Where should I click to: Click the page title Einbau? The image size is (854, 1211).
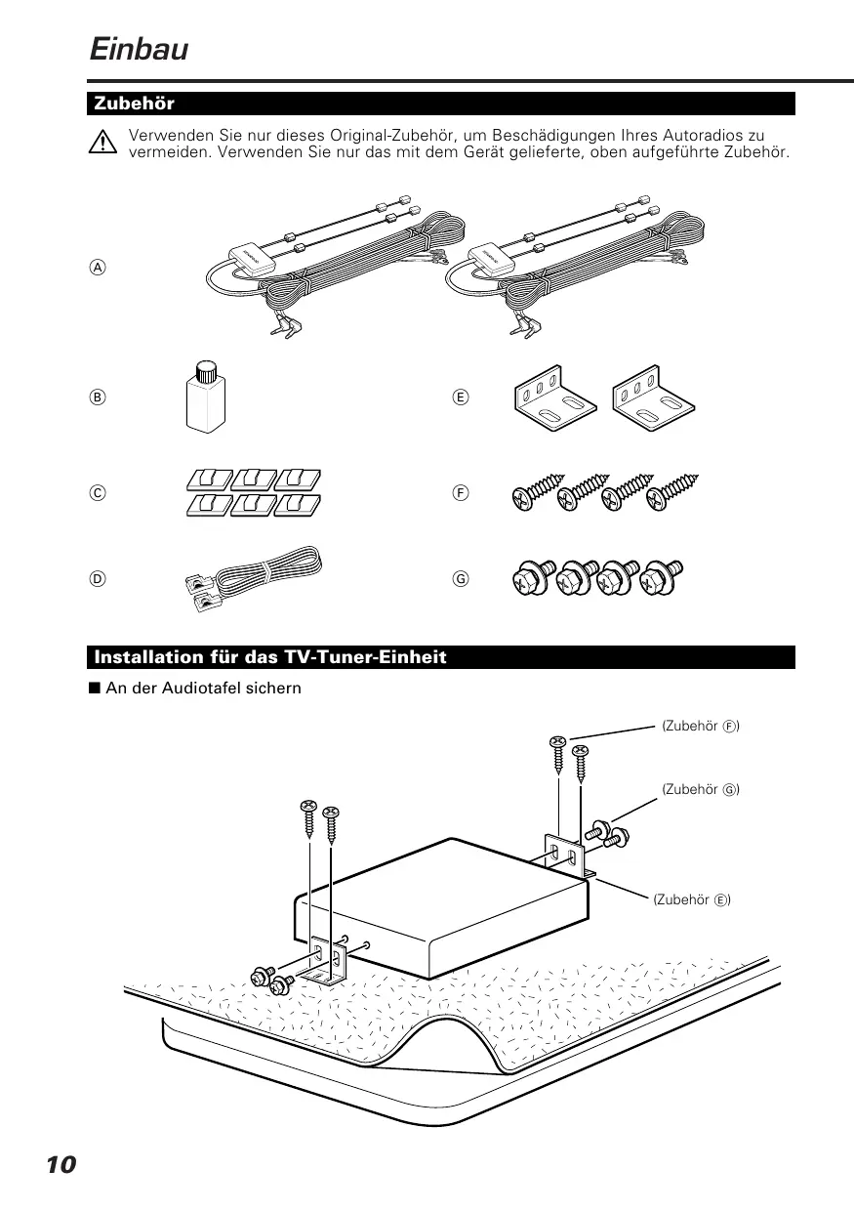[x=138, y=48]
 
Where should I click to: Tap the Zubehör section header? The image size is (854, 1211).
[x=134, y=104]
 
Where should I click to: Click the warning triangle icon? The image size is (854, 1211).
[x=100, y=144]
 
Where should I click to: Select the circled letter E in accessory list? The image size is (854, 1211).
[x=462, y=397]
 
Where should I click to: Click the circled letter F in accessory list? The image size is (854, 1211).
[x=462, y=493]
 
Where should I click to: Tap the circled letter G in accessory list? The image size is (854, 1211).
[x=462, y=577]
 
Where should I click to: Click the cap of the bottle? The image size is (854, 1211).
[x=206, y=370]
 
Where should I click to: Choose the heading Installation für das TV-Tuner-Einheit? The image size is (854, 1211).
[x=270, y=657]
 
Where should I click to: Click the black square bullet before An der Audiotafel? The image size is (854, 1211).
[x=95, y=688]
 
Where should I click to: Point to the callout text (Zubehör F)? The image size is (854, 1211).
[x=700, y=727]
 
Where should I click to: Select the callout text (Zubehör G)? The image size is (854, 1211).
[x=700, y=788]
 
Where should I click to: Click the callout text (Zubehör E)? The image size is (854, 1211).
[x=691, y=899]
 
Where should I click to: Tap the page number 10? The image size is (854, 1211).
[x=60, y=1165]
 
